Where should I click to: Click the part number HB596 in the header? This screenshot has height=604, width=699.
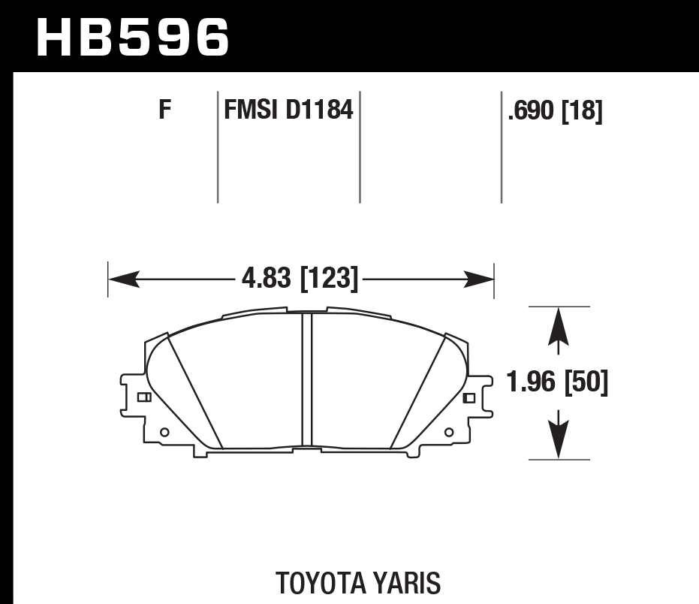[132, 37]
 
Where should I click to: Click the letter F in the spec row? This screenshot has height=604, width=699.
[165, 110]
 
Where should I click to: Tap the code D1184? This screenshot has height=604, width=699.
[318, 110]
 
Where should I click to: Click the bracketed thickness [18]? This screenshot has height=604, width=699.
[583, 111]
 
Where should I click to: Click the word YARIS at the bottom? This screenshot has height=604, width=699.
[408, 583]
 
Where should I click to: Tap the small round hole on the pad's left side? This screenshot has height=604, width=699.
[165, 431]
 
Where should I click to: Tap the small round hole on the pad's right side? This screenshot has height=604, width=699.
[449, 432]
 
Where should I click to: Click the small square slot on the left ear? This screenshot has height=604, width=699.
[143, 397]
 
